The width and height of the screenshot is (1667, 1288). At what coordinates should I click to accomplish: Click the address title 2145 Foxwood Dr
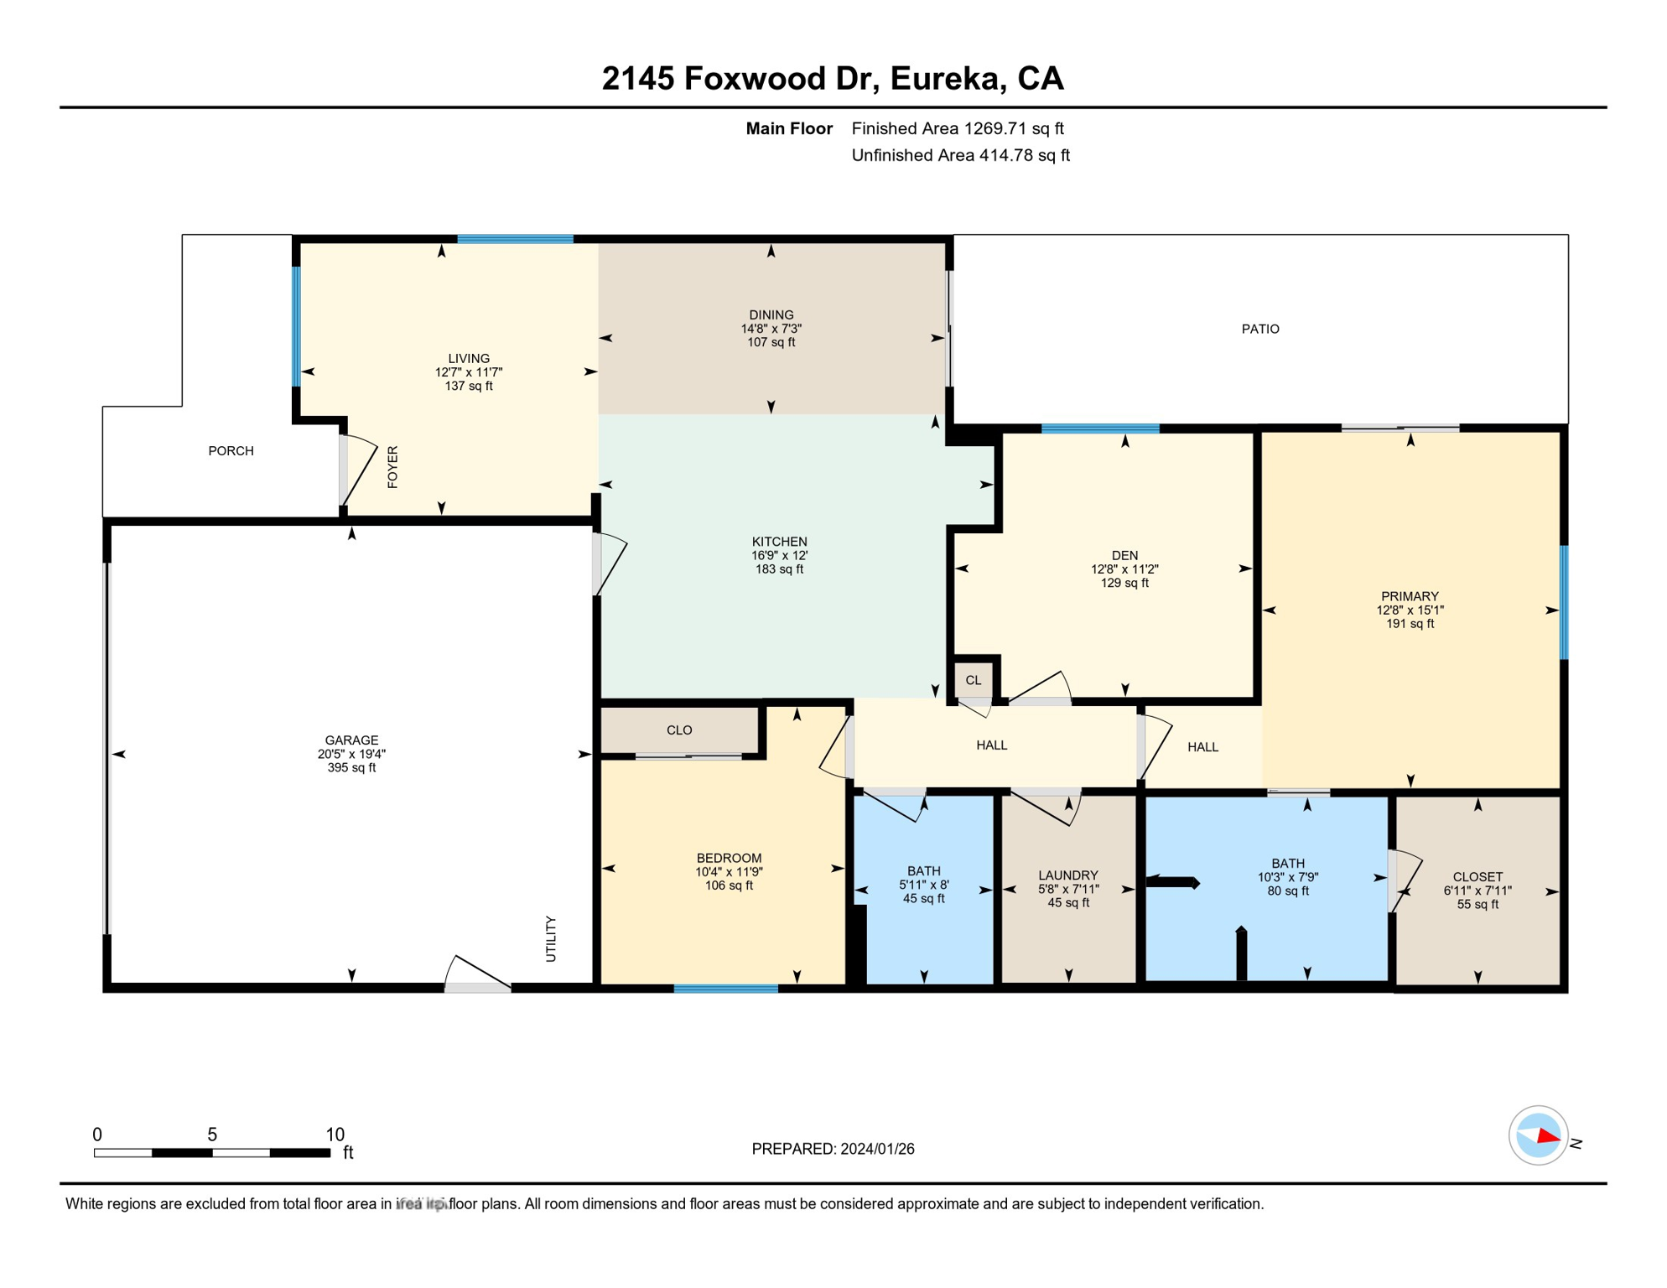point(832,79)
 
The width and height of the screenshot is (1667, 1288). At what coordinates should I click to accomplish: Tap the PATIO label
point(1259,329)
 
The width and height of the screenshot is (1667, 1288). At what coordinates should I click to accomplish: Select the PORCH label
point(231,451)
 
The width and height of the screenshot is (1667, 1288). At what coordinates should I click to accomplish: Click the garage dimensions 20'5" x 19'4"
point(351,754)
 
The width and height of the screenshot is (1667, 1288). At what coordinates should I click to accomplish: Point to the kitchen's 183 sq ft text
point(779,569)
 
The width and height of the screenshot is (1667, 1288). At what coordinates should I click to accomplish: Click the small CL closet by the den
point(973,680)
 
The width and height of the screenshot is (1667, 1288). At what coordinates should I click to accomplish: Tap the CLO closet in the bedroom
point(679,730)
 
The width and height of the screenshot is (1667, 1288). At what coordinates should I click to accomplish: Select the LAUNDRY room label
point(1067,875)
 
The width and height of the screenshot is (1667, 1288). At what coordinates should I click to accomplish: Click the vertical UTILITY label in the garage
point(551,938)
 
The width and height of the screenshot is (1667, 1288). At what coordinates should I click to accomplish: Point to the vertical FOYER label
point(392,467)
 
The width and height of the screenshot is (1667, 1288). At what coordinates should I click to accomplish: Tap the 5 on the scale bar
point(212,1135)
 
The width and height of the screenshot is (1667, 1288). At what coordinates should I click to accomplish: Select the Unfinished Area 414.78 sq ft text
point(960,155)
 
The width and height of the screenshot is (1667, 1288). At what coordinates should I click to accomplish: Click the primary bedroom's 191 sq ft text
point(1410,624)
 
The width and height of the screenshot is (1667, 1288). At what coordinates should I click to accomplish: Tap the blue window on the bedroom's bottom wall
point(725,989)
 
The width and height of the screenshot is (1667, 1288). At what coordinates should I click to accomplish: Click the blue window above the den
point(1099,428)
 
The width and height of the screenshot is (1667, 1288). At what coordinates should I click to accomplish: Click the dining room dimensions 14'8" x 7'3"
point(771,329)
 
